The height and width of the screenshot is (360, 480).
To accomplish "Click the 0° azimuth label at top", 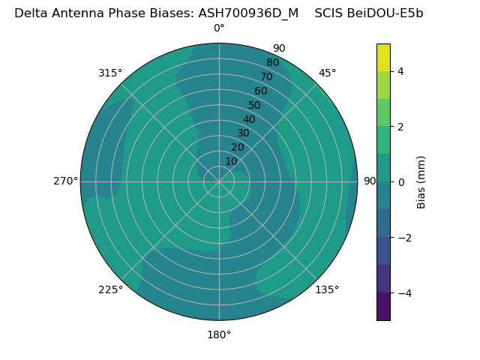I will coord(219,28).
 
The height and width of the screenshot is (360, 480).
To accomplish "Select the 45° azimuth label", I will coord(328,73).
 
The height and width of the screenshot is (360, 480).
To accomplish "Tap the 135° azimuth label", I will coord(327,289).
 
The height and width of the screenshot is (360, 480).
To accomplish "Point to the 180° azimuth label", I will coord(219,334).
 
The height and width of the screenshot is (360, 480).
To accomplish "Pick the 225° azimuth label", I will coord(110,289).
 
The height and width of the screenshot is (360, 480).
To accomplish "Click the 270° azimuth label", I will coord(66,181).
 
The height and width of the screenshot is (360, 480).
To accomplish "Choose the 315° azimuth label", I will coord(110,73).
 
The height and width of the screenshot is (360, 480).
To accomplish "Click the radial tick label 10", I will coord(231,161).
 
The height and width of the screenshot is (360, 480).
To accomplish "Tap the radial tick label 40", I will coord(249,119).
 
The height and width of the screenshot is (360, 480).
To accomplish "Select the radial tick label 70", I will coord(266,77).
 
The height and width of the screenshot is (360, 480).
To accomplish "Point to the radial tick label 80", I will coord(272,63).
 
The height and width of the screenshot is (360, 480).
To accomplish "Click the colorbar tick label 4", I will coord(400,71).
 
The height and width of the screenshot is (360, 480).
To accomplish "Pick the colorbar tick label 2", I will coord(400,127).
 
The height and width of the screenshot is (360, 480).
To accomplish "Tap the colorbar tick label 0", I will coord(400,182).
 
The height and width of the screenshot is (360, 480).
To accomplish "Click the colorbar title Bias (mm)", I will coord(421,182).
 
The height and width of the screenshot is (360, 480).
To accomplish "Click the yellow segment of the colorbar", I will coord(383,57).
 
